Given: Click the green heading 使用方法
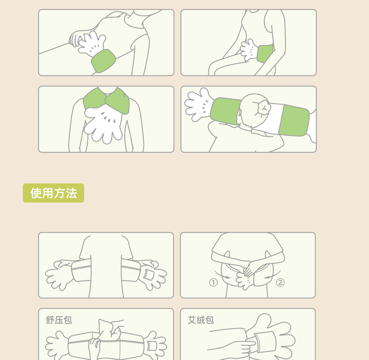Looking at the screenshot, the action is click(54, 193).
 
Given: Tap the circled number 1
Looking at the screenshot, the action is click(213, 282).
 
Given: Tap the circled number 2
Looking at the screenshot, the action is click(280, 282).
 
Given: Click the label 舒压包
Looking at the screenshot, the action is click(59, 320).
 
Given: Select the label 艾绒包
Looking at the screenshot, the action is click(200, 320).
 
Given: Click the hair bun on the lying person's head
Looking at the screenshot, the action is click(264, 107).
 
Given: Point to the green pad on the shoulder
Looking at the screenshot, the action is click(104, 61).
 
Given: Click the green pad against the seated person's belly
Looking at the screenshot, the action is click(265, 54).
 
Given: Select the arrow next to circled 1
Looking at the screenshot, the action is click(222, 275).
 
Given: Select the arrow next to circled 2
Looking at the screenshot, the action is click(273, 275).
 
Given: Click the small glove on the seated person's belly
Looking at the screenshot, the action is click(249, 50).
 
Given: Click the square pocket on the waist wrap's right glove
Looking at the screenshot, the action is click(149, 275).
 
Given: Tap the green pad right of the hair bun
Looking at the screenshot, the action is click(294, 120).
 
